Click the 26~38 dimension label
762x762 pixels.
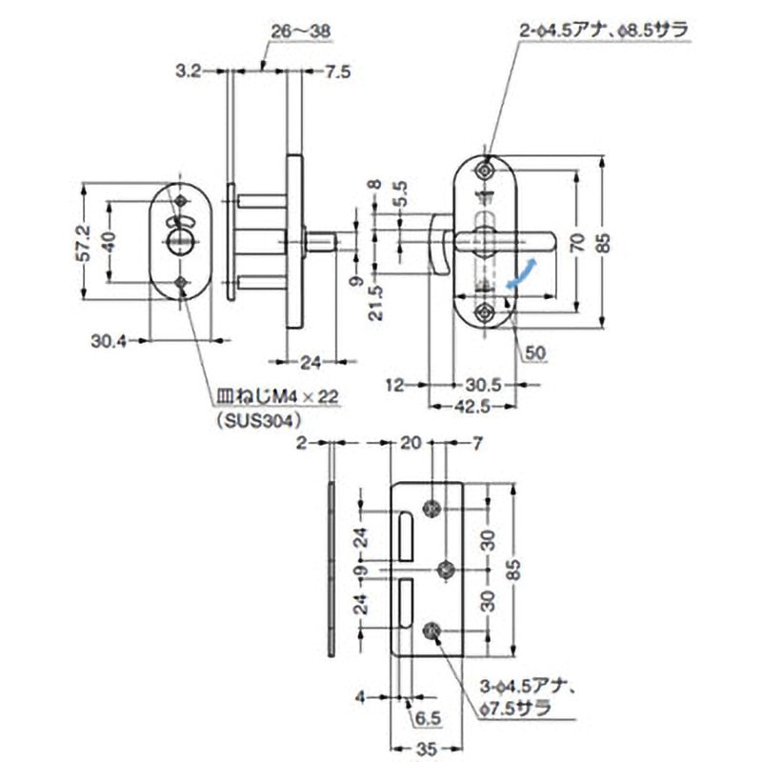click(300, 31)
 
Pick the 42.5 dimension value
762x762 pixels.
click(471, 405)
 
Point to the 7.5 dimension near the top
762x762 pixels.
click(338, 70)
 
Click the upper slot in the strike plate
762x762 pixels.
click(405, 535)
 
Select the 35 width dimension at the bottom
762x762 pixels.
click(425, 749)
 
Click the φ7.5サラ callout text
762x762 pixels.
click(515, 708)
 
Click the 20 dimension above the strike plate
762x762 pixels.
click(411, 444)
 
